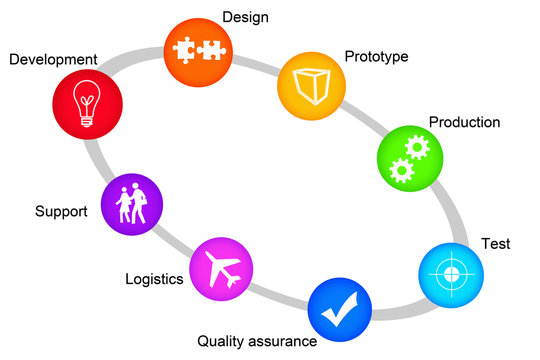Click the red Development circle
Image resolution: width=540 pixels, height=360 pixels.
tap(90, 103)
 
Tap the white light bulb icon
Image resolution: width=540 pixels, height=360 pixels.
tap(90, 103)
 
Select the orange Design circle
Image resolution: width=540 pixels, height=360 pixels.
tap(195, 49)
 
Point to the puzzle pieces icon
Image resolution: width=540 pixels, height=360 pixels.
tap(195, 49)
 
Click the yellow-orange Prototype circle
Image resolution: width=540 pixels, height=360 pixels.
tap(309, 83)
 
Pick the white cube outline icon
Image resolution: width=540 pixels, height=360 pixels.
tap(309, 83)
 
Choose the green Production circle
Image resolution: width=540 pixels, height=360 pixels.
tap(408, 156)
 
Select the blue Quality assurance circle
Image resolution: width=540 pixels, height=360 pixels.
tap(339, 308)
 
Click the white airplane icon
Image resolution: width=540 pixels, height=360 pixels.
tap(222, 268)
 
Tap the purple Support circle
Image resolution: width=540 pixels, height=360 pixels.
tap(132, 205)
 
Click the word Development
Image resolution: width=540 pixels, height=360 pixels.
tap(53, 60)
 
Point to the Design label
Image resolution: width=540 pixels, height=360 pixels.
tap(245, 17)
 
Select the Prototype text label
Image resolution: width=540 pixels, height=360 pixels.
tap(376, 56)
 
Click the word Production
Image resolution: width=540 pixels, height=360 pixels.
tap(464, 122)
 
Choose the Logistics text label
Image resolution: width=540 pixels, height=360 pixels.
tap(154, 279)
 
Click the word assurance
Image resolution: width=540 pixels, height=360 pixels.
tap(285, 342)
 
